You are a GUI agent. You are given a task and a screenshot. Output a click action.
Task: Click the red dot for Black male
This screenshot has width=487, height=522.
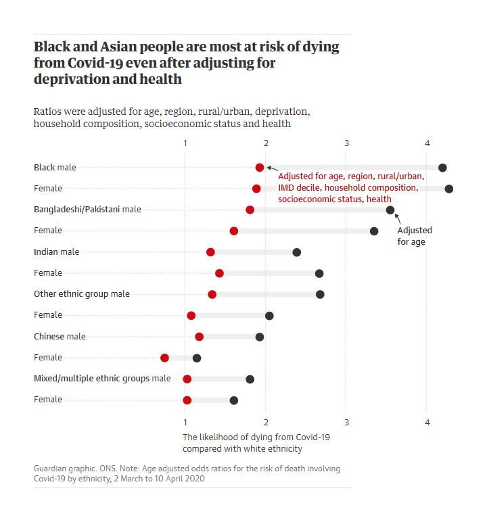(260, 167)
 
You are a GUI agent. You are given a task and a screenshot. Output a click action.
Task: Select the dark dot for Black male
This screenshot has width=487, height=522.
(442, 168)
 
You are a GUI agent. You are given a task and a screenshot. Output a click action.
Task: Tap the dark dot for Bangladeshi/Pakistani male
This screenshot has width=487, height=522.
(390, 210)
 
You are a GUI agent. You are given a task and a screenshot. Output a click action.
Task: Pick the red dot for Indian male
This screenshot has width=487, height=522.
(210, 252)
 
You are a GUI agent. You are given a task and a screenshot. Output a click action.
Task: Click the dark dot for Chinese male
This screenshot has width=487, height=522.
(260, 337)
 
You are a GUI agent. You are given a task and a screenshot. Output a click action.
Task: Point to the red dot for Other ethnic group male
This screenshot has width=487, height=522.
(212, 294)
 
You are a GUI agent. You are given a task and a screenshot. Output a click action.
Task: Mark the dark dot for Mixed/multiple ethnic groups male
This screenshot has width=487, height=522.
(250, 379)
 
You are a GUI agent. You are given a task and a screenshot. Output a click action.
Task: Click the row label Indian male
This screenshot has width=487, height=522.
(56, 252)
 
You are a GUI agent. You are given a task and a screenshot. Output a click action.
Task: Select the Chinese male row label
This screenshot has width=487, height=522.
(60, 337)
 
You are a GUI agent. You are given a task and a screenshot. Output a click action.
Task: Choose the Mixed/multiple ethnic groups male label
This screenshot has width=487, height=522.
(102, 379)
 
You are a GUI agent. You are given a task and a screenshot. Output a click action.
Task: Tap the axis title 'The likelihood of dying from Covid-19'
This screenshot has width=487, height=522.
(256, 437)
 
